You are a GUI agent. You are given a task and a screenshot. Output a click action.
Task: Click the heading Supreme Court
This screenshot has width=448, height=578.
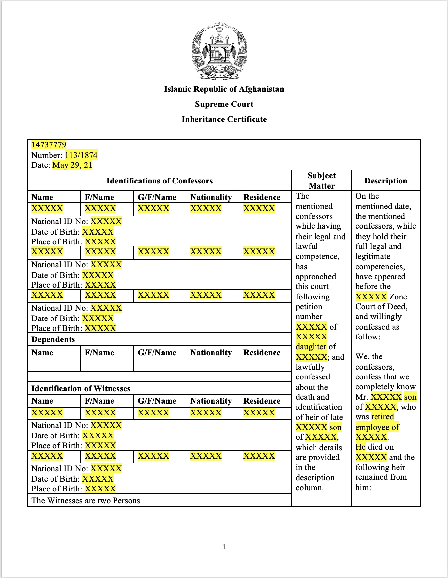(x=224, y=104)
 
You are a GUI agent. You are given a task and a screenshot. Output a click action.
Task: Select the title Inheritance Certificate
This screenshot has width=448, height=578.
(x=224, y=119)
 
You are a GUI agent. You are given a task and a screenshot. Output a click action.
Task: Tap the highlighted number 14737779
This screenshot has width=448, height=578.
(x=49, y=145)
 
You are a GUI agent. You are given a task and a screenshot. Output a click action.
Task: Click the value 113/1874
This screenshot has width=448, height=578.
(x=81, y=155)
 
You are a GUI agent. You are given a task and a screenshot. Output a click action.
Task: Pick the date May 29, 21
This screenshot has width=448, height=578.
(x=72, y=165)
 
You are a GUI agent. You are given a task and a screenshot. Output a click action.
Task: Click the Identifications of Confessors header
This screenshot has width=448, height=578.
(x=159, y=181)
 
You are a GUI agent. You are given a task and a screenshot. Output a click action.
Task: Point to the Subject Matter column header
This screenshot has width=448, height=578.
(x=321, y=181)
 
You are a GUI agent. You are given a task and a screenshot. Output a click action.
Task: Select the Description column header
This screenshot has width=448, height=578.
(x=386, y=181)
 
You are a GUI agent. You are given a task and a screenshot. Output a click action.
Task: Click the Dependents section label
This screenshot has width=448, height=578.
(x=53, y=339)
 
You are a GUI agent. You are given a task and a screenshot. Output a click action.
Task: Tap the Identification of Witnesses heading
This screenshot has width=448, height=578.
(x=81, y=389)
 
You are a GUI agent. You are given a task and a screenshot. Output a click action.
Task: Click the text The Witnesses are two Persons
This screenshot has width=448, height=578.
(x=86, y=501)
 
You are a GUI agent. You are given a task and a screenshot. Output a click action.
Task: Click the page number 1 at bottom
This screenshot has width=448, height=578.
(x=224, y=547)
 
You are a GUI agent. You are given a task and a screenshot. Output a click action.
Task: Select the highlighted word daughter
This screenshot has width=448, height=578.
(x=311, y=347)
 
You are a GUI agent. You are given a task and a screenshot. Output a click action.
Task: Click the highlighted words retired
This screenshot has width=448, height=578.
(x=382, y=417)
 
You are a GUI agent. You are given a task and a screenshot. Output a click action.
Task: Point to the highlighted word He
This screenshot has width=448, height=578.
(x=360, y=447)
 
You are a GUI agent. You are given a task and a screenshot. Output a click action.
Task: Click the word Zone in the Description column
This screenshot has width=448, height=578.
(x=398, y=297)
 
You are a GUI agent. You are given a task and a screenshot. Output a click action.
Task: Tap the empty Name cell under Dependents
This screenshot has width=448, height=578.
(x=54, y=365)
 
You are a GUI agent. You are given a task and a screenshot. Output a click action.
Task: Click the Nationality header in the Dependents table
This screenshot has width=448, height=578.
(x=211, y=353)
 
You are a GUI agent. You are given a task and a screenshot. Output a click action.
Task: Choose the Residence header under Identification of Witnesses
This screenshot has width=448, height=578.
(x=262, y=401)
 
